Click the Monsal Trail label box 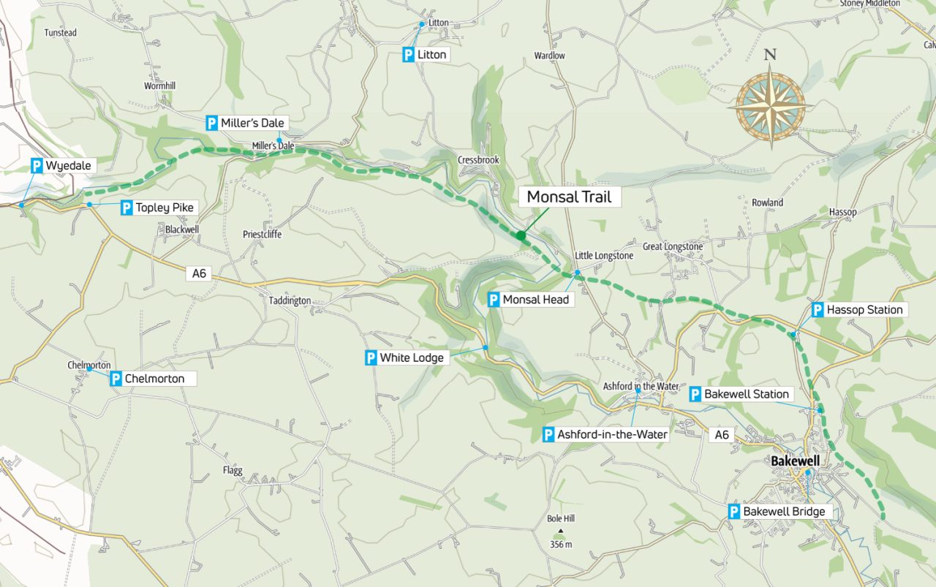click(x=568, y=197)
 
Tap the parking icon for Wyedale click(x=37, y=166)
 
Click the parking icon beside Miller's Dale click(x=212, y=124)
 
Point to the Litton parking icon click(x=409, y=55)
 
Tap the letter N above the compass click(x=770, y=55)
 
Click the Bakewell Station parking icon click(x=695, y=395)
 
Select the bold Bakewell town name click(x=795, y=462)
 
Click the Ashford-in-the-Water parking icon click(x=548, y=435)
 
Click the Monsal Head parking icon click(x=494, y=300)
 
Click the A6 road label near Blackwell click(x=198, y=274)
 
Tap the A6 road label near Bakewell click(x=722, y=435)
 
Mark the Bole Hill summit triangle click(x=561, y=531)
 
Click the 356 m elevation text click(x=561, y=545)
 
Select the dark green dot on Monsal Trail click(x=521, y=235)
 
